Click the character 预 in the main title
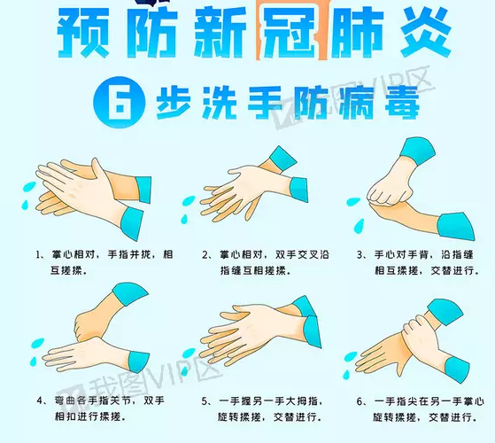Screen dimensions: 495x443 83,32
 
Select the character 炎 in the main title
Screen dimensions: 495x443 426,32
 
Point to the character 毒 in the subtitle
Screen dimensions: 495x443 402,103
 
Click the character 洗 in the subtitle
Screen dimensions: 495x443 220,103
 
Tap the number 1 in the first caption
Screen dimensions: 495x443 38,254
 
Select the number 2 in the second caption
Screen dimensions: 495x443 205,254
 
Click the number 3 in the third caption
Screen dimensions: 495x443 360,254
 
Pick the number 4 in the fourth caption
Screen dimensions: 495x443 40,400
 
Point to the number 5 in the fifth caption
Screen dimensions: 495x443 205,401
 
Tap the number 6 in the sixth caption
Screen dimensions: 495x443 360,401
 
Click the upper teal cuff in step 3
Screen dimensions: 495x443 417,151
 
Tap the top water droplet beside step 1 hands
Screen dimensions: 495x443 29,186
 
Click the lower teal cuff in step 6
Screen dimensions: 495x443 457,369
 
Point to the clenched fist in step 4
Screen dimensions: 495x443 87,325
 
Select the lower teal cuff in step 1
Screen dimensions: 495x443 132,222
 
